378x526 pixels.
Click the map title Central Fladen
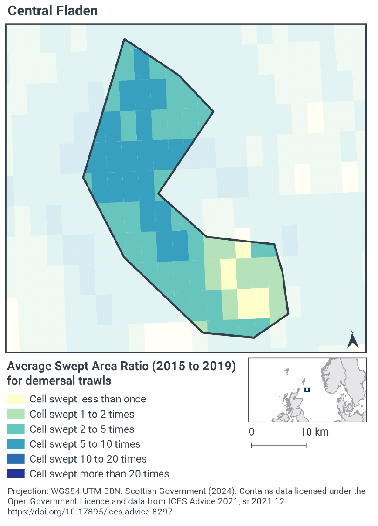(x=53, y=11)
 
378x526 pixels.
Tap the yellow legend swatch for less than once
(x=16, y=399)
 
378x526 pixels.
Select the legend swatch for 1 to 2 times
(x=16, y=414)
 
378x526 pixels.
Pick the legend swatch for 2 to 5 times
(x=16, y=429)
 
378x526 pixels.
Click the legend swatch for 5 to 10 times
(x=16, y=444)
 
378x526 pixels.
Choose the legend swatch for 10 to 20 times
(x=16, y=459)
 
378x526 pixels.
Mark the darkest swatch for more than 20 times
(x=16, y=474)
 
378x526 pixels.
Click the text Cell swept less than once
(x=88, y=399)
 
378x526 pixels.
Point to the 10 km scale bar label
(x=314, y=432)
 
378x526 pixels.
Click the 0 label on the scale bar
(x=251, y=432)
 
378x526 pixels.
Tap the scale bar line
(x=278, y=445)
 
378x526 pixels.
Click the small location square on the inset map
(x=307, y=389)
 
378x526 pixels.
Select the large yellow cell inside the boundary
(x=253, y=304)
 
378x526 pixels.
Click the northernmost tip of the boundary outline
(x=124, y=39)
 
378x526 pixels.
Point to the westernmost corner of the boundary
(x=84, y=176)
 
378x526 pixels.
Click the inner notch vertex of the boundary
(x=159, y=193)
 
